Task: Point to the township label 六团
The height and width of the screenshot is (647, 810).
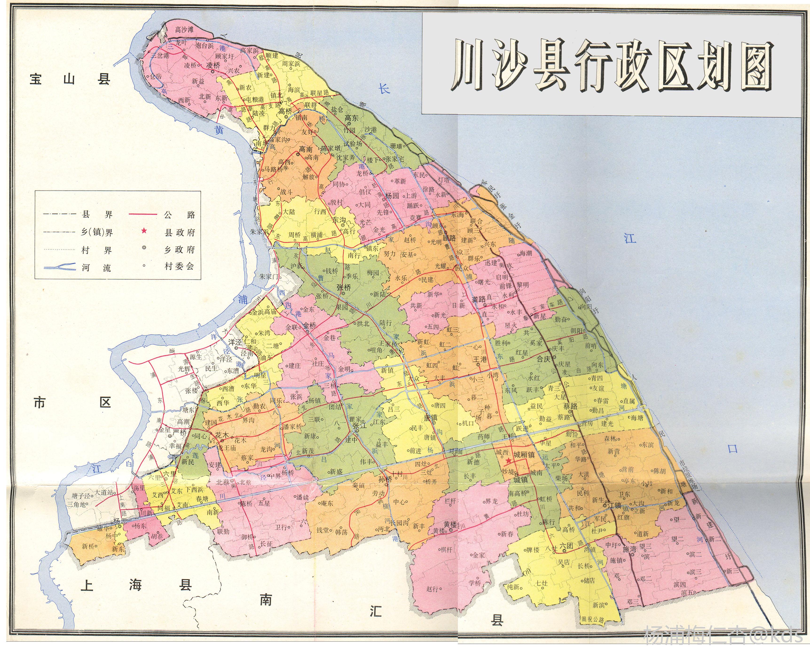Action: pyautogui.click(x=566, y=546)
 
